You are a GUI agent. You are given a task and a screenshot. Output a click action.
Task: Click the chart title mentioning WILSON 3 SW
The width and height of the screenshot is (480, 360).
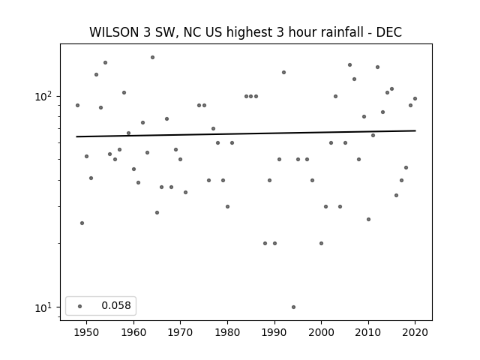click(245, 32)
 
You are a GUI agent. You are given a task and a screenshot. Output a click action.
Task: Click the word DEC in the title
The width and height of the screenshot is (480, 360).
click(388, 32)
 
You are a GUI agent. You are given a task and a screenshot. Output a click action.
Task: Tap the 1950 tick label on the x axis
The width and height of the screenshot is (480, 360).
click(87, 332)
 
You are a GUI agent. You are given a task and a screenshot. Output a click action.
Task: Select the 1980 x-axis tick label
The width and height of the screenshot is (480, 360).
click(227, 332)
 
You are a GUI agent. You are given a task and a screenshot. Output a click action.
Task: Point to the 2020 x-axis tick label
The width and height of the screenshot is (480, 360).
click(415, 332)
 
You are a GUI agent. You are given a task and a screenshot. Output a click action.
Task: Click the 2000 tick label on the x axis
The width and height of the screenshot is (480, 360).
click(322, 332)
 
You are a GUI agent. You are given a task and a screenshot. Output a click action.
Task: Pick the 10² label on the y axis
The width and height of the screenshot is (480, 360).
click(43, 97)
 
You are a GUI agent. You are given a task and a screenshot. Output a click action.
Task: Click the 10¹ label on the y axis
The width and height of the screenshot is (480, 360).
click(43, 307)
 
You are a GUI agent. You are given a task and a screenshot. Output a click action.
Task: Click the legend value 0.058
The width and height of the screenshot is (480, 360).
click(116, 305)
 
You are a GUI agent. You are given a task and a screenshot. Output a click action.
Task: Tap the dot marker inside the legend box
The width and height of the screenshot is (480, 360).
click(80, 306)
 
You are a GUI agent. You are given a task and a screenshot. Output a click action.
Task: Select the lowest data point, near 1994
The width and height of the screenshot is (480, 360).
click(293, 307)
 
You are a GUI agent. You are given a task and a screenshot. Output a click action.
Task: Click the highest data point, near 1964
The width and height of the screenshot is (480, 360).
click(152, 57)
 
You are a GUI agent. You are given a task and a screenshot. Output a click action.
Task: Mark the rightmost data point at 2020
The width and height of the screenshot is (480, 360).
click(415, 98)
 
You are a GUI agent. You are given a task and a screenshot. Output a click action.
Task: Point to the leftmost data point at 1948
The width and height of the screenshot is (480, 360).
click(77, 105)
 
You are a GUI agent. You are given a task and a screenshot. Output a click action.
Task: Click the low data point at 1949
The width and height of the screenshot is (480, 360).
click(82, 223)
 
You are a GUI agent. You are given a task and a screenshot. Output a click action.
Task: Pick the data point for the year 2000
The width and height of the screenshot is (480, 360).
click(322, 243)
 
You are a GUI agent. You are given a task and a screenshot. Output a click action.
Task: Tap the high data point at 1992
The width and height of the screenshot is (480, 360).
click(283, 72)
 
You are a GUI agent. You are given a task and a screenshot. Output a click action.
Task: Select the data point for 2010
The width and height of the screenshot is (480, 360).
click(368, 219)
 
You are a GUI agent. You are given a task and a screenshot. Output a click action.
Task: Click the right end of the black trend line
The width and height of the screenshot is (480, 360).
click(415, 130)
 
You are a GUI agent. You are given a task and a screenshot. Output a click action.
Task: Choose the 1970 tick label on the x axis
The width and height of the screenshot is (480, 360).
click(180, 332)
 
